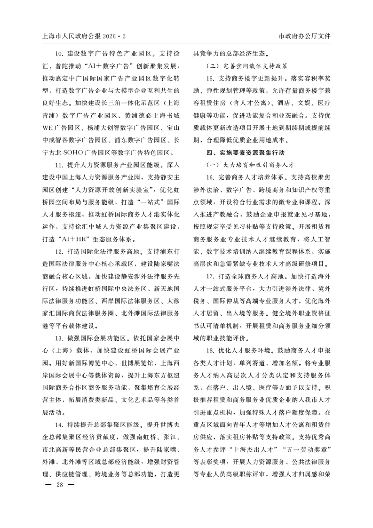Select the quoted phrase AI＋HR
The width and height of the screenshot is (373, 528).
[x=79, y=239]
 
